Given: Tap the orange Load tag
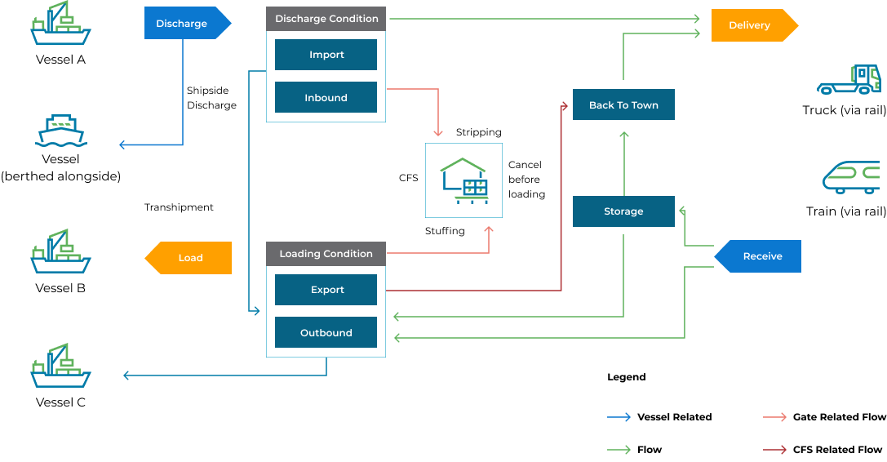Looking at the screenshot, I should tap(189, 258).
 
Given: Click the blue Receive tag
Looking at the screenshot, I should tap(759, 256).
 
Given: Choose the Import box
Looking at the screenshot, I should tap(326, 55).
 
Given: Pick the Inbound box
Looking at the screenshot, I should tap(326, 98).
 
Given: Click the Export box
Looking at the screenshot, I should tap(326, 290).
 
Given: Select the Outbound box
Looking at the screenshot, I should tap(326, 333).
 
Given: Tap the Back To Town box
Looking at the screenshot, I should tap(623, 105).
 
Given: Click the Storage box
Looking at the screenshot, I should tap(623, 211).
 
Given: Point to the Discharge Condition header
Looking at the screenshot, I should tap(326, 19).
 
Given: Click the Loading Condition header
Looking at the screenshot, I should tap(326, 254).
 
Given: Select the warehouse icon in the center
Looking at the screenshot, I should tap(463, 180).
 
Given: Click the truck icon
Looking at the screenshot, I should tap(849, 81).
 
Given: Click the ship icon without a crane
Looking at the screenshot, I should tap(61, 131).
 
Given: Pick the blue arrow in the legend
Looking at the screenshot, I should tap(619, 417).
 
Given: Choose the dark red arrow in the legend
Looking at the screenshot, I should tap(774, 450).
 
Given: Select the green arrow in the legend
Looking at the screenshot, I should tap(619, 450).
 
